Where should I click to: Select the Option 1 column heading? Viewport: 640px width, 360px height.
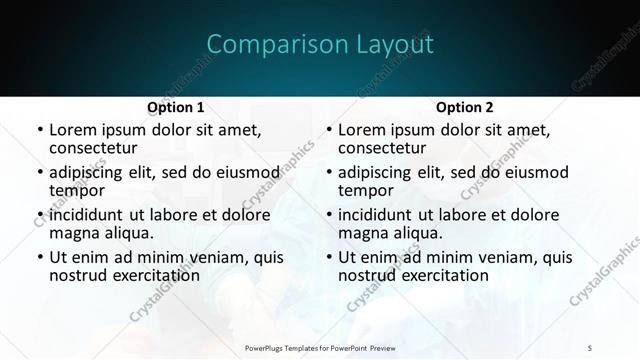[175, 107]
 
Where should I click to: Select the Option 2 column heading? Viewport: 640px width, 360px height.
[465, 107]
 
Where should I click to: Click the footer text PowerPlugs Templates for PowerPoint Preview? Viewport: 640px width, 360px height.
[320, 347]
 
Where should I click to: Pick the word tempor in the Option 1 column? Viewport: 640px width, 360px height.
[75, 190]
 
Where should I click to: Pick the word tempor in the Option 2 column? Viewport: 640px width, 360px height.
[365, 190]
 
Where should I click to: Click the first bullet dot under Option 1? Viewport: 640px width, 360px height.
[39, 130]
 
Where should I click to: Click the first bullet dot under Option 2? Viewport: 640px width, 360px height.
[329, 130]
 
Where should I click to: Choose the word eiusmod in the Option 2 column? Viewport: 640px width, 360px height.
[535, 172]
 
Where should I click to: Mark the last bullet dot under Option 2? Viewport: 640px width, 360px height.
[329, 257]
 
